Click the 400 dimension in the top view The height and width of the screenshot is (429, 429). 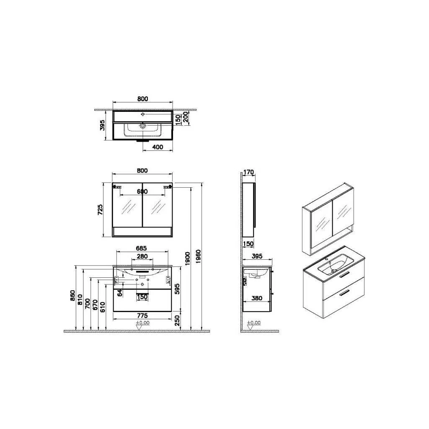(x=158, y=147)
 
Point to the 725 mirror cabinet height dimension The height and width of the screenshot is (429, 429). (x=101, y=209)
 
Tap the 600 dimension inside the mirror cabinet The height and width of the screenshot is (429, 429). (x=142, y=191)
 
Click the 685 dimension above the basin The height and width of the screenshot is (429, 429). (x=141, y=248)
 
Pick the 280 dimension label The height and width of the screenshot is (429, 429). (x=142, y=256)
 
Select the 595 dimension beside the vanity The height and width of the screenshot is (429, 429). (x=177, y=289)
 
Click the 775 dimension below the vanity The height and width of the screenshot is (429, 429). (x=142, y=315)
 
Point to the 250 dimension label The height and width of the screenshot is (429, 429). (x=177, y=320)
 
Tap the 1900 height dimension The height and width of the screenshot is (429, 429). (x=187, y=258)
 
